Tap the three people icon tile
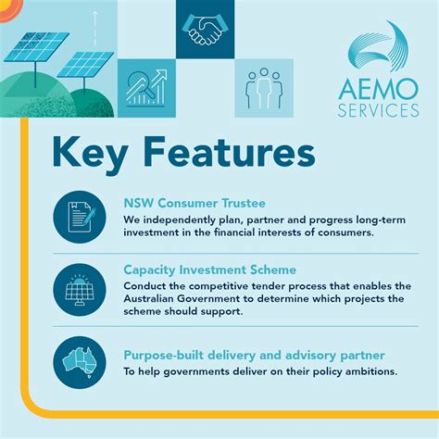pyautogui.click(x=263, y=87)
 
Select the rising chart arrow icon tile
pyautogui.click(x=146, y=88)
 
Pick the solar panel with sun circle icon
pyautogui.click(x=80, y=287)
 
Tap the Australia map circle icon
pyautogui.click(x=80, y=359)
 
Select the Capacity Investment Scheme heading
pyautogui.click(x=209, y=270)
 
